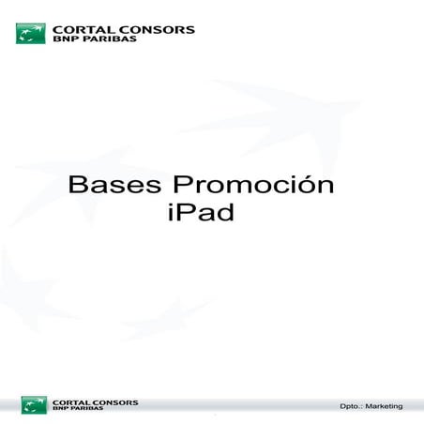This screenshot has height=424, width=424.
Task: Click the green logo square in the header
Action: click(30, 34)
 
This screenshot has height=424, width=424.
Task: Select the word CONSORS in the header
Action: click(156, 29)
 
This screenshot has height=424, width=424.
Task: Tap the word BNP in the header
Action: click(65, 41)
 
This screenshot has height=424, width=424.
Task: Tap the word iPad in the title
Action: click(198, 213)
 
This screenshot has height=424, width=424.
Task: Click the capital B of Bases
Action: click(77, 185)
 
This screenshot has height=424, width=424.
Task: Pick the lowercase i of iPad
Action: click(168, 213)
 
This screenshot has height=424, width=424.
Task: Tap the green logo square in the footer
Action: click(34, 404)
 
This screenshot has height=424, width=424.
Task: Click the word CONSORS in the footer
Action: click(114, 401)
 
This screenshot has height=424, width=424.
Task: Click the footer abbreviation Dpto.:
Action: click(351, 406)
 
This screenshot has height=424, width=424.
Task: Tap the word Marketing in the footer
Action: click(386, 406)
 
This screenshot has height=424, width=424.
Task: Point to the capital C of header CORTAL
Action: click(59, 29)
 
